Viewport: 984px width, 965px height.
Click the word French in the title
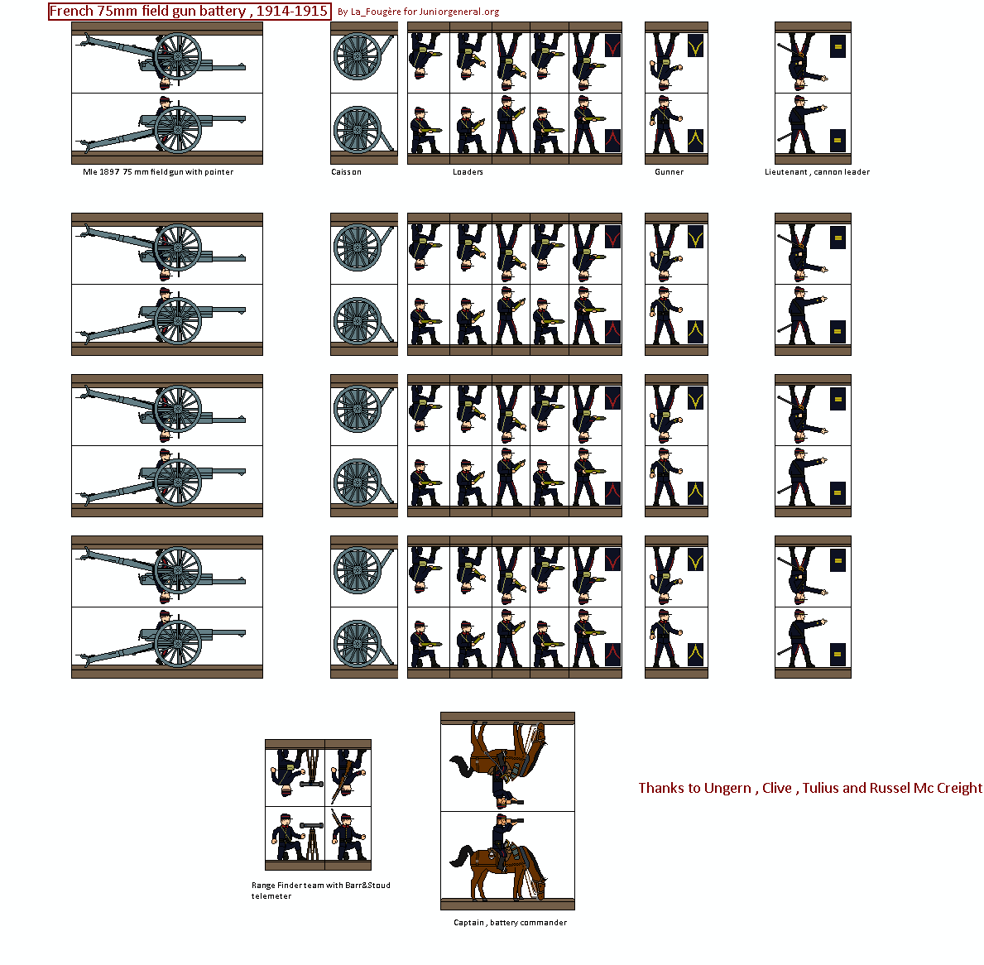click(x=71, y=12)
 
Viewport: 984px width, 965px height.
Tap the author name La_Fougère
click(x=376, y=12)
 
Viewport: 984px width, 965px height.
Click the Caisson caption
click(x=346, y=172)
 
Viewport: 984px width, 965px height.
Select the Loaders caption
click(x=468, y=172)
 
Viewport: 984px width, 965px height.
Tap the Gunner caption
click(x=669, y=172)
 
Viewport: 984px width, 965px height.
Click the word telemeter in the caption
click(x=271, y=896)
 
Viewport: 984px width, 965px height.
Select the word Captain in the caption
click(x=468, y=923)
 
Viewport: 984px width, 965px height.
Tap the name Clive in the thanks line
click(x=776, y=788)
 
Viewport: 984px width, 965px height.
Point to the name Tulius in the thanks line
click(x=820, y=788)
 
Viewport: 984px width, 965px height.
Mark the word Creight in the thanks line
click(x=959, y=788)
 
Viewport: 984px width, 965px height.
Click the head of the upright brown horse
click(x=538, y=886)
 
